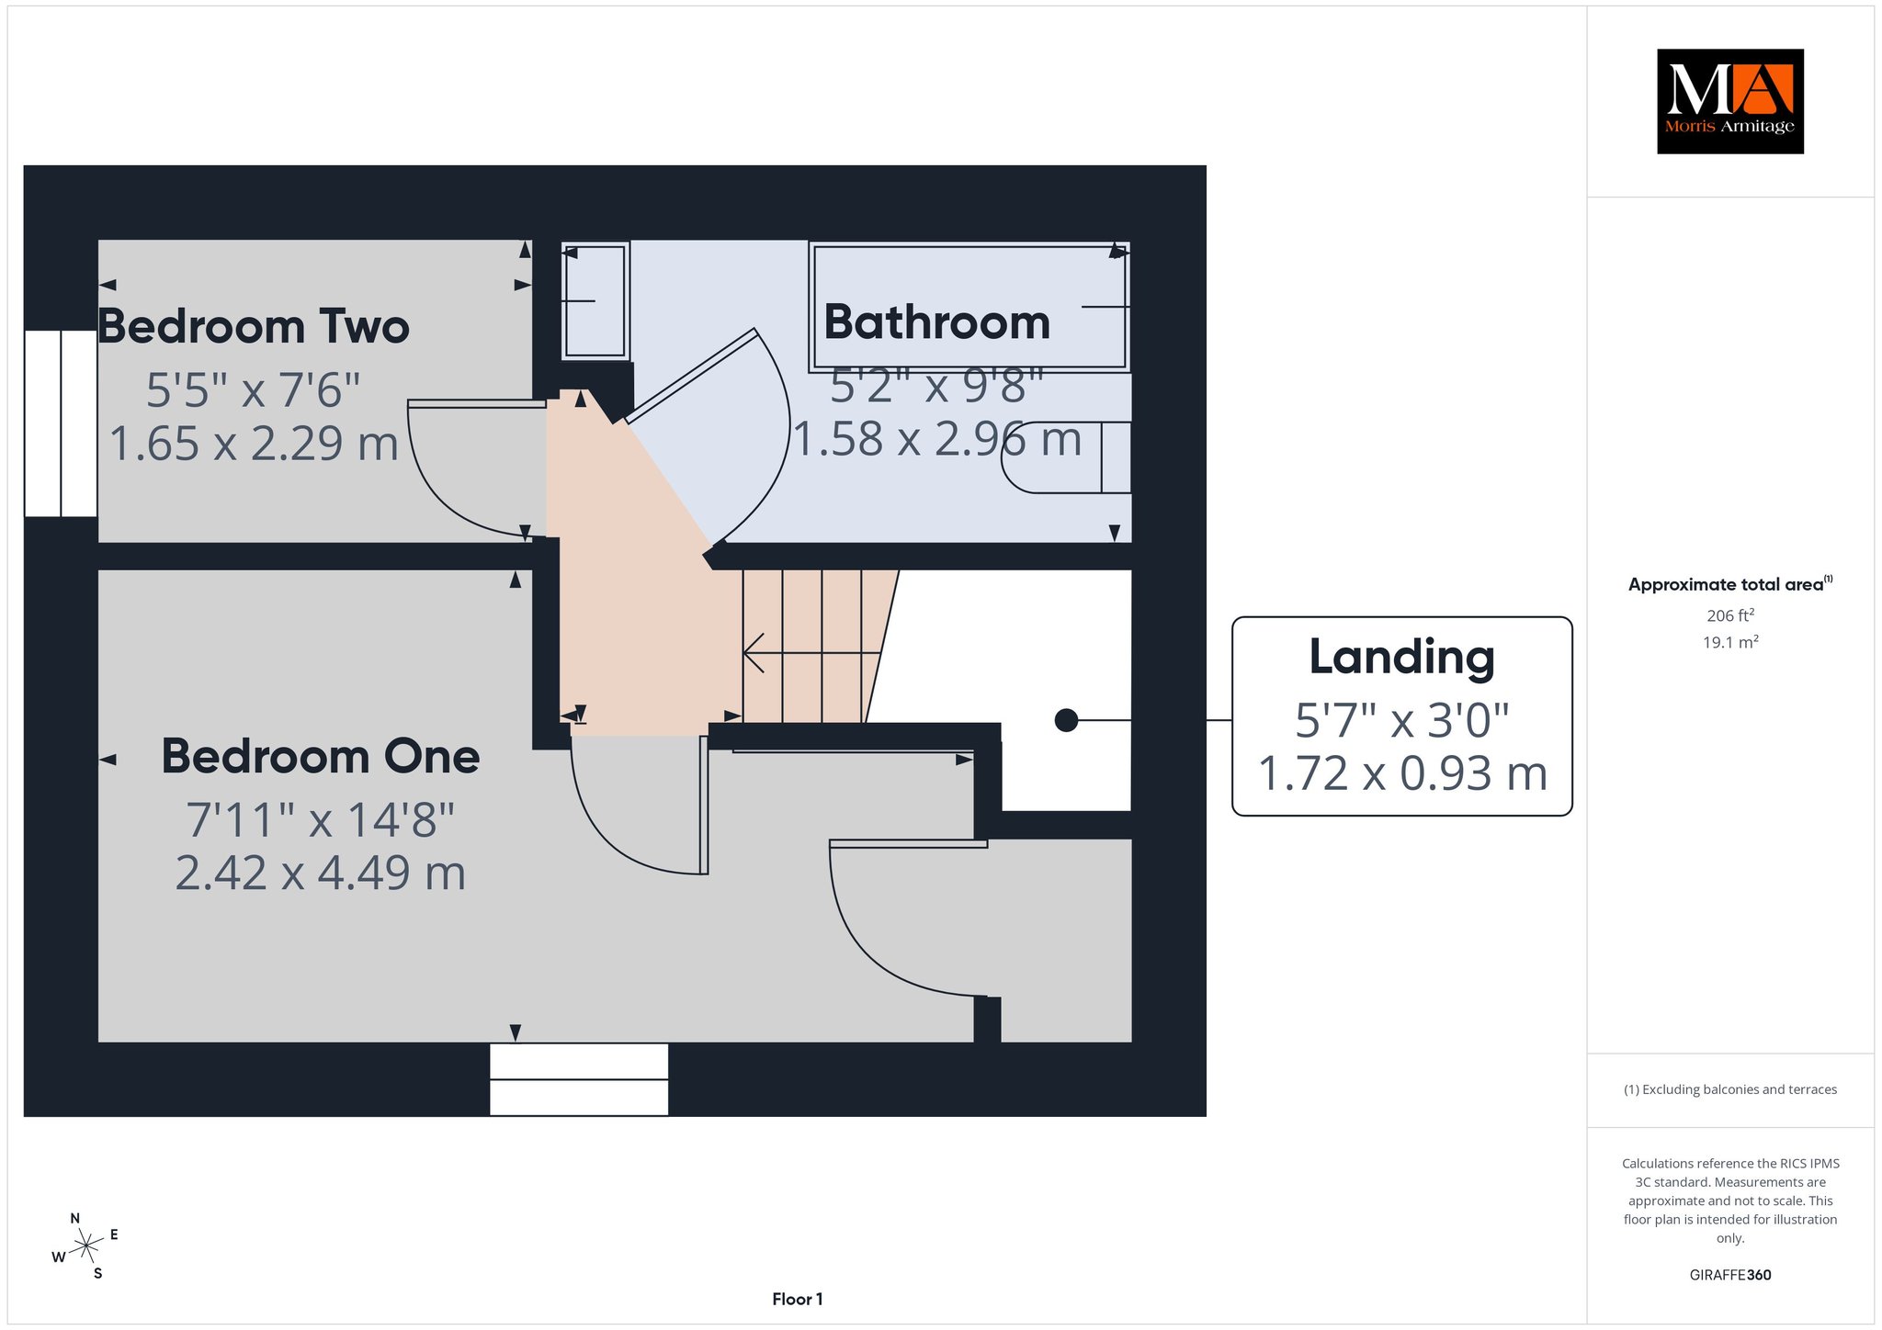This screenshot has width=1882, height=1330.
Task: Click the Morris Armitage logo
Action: (x=1729, y=101)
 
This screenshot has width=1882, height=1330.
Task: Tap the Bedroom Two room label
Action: (x=253, y=326)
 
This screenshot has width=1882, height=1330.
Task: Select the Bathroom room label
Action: (x=936, y=322)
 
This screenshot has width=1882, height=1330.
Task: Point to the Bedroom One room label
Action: (x=321, y=756)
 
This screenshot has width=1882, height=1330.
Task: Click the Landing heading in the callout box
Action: (x=1401, y=658)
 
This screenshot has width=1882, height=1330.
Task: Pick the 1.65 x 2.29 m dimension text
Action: (x=254, y=443)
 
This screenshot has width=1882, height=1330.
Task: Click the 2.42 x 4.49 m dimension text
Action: (x=321, y=873)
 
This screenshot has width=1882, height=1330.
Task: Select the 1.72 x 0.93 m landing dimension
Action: (x=1402, y=773)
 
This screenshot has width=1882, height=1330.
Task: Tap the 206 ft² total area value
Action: (x=1730, y=615)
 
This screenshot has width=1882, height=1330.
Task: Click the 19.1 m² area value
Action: (x=1730, y=642)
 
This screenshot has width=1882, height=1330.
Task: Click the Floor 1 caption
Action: (x=798, y=1299)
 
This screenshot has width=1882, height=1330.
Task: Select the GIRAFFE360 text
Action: (x=1730, y=1275)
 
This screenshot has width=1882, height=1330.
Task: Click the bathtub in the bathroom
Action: (x=969, y=307)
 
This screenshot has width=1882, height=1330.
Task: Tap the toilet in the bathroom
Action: (x=1066, y=457)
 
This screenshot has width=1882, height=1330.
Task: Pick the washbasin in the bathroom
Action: (x=595, y=300)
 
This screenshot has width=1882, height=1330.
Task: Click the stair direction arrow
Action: (x=812, y=653)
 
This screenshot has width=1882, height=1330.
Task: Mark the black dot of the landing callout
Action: (x=1066, y=720)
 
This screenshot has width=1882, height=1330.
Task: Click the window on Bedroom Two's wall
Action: (x=61, y=423)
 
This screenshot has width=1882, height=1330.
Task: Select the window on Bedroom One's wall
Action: (x=579, y=1079)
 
